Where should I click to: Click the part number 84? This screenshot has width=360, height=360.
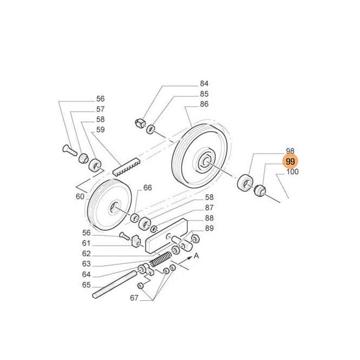point(204,84)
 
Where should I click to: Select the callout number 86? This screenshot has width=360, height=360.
point(204,104)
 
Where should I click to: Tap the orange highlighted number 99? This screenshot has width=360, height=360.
point(290,161)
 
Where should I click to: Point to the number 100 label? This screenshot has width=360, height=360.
point(292,171)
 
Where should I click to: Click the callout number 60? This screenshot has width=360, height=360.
point(80,196)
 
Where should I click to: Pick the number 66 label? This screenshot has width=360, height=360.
point(148,188)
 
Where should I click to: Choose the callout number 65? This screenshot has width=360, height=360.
point(86,285)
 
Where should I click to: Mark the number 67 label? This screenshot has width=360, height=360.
point(134,297)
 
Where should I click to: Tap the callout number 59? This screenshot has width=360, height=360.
point(100,130)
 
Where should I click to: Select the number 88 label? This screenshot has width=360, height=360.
point(209,218)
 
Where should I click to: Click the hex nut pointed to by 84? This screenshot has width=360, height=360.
point(139,122)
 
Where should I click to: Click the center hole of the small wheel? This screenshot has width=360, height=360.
point(113,207)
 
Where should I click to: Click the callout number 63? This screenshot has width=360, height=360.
point(86,264)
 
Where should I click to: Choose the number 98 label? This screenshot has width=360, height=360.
point(290,151)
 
